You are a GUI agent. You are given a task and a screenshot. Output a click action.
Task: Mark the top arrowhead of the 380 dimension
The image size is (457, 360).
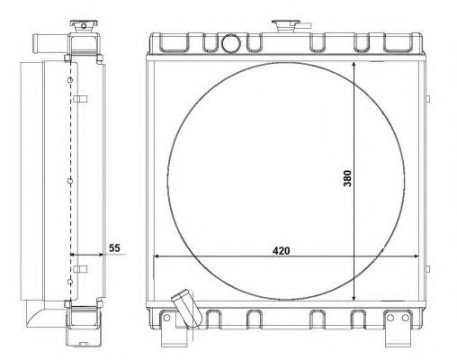point(354,66)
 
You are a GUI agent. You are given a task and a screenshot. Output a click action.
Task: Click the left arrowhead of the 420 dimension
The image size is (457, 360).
point(159,256)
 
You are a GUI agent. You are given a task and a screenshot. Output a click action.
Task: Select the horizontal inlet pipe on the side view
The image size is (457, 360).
point(42,41)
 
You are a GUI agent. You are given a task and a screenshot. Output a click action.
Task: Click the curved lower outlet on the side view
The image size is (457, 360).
point(43,315)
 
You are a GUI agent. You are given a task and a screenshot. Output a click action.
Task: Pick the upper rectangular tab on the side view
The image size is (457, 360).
point(79,98)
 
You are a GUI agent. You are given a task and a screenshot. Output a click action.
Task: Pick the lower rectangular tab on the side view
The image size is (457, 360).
point(79,268)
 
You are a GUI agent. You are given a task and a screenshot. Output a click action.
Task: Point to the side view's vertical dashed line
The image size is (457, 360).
point(70,180)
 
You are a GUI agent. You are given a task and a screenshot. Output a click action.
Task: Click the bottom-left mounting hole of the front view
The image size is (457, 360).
point(166,319)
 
